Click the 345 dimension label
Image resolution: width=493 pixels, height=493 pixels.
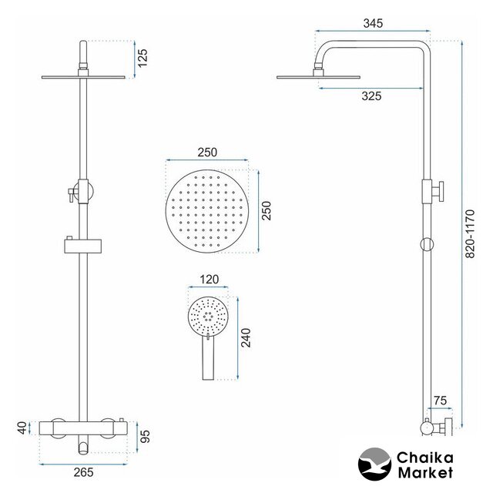[373, 23]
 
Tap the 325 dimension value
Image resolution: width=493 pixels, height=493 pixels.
[371, 96]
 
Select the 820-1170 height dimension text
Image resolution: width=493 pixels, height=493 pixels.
[470, 234]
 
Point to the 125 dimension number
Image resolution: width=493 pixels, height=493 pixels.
[143, 58]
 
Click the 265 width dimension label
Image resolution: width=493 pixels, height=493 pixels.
[84, 472]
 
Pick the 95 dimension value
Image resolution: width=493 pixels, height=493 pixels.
[145, 437]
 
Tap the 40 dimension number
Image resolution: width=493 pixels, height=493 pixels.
[22, 428]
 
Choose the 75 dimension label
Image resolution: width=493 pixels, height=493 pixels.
[440, 401]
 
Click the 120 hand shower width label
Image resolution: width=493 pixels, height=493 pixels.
[209, 279]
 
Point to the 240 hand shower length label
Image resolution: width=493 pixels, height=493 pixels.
[246, 337]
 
